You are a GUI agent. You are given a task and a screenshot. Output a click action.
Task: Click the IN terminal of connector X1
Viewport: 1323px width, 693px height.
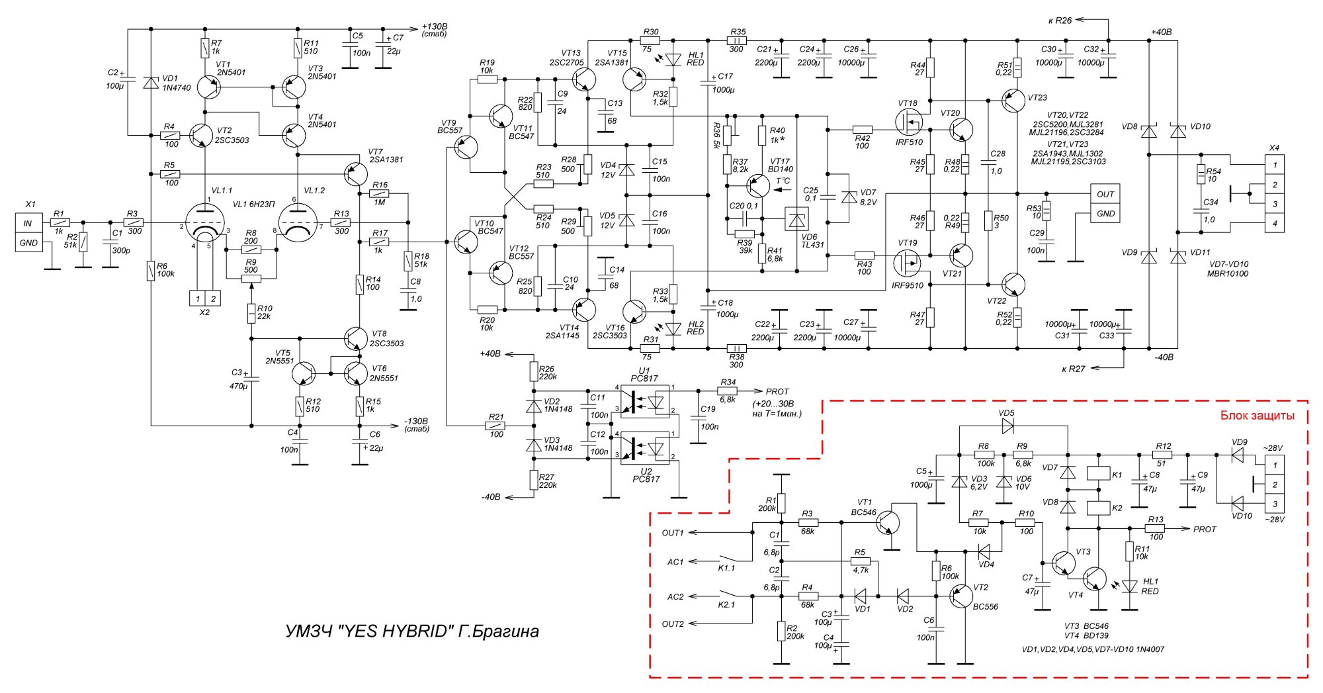tap(28, 224)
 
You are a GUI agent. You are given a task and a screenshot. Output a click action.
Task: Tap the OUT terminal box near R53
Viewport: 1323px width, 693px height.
tap(1105, 194)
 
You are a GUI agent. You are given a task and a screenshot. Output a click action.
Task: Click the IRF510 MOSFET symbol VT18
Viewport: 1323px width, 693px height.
tap(909, 123)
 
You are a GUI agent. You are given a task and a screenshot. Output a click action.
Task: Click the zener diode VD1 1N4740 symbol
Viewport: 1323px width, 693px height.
tap(151, 82)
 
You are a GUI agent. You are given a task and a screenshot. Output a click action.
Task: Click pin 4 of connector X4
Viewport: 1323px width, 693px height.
tap(1275, 224)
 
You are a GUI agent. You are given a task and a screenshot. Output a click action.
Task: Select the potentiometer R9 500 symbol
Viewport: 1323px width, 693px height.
tap(251, 278)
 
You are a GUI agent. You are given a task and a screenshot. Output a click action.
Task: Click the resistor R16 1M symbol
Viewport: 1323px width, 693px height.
tap(380, 194)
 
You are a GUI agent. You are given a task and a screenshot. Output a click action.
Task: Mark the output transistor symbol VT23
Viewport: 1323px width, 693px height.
tap(1013, 101)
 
